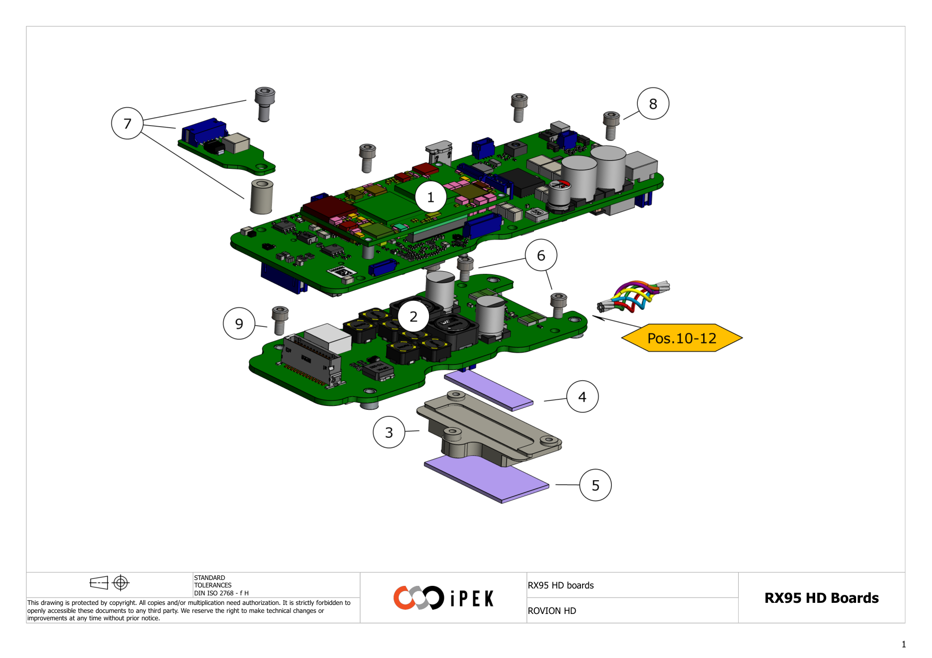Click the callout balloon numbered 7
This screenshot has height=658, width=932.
coord(127,123)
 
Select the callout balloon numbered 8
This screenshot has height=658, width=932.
coord(653,103)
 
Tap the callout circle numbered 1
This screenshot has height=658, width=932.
coord(430,197)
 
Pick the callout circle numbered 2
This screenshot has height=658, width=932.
coord(413,316)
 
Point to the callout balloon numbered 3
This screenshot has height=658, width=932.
coord(389,432)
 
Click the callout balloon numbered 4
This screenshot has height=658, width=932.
coord(582,396)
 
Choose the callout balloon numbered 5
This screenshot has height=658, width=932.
coord(595,485)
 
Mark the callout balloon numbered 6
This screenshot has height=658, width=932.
coord(541,255)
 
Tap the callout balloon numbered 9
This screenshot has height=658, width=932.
coord(239,323)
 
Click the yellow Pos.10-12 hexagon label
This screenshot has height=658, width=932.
coord(681,338)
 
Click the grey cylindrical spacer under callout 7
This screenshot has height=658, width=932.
coord(261,196)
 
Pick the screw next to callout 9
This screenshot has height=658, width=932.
coord(280,319)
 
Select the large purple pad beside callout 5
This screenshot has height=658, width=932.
coord(486,479)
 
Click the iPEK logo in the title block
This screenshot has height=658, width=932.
coord(443,598)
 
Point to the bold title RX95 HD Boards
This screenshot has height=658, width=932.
coord(821,598)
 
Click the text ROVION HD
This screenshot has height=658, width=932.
coord(552,611)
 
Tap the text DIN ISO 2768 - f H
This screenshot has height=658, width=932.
coord(221,593)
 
